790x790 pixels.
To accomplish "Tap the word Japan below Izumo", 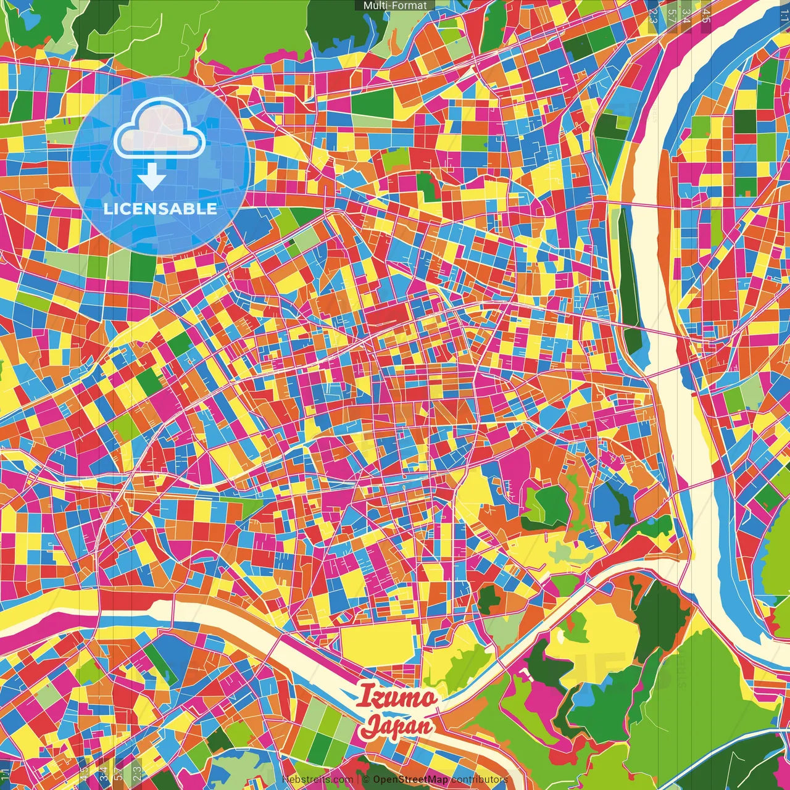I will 397,725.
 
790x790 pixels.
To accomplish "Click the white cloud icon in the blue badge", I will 159,128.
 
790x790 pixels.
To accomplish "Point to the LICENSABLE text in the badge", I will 160,209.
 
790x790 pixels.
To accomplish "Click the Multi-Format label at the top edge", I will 395,6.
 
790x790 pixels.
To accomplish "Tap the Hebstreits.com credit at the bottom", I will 317,780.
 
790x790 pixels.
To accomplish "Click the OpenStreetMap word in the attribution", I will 410,780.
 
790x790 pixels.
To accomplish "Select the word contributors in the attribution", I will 480,780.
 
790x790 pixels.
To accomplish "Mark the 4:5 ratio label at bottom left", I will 83,774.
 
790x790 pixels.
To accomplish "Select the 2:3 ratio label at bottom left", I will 136,774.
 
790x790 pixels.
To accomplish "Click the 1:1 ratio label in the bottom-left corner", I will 6,775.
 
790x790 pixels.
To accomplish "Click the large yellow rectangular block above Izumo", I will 376,642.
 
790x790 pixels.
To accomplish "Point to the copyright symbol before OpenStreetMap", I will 366,780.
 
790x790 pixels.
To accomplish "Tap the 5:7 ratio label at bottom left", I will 118,774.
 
